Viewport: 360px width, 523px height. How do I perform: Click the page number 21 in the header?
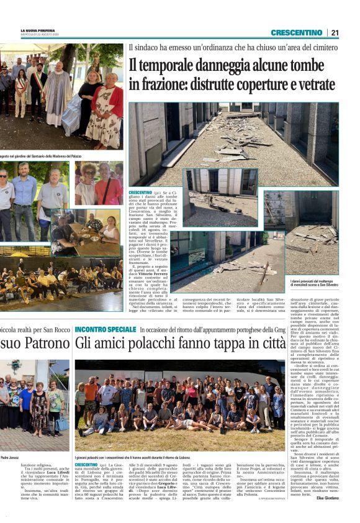335,32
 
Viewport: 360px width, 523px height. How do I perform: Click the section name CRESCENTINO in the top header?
296,32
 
